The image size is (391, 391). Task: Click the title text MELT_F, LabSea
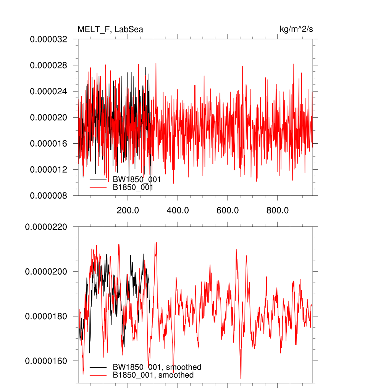[110, 29]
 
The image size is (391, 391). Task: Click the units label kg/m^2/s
[296, 29]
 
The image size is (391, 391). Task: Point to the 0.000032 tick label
[48, 39]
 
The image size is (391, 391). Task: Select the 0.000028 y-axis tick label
[48, 65]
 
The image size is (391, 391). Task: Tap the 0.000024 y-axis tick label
[48, 91]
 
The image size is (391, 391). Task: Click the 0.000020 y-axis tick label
[48, 117]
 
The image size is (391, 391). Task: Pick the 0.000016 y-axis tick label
[48, 143]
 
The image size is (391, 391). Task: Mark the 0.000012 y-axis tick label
[48, 169]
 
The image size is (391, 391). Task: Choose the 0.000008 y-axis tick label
[48, 195]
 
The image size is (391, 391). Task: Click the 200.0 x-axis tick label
[128, 210]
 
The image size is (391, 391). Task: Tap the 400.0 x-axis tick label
[178, 210]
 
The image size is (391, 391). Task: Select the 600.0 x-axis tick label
[228, 210]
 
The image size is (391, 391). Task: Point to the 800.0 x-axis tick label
[278, 210]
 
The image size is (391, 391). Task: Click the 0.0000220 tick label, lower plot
[46, 227]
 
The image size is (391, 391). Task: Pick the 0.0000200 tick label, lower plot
[46, 271]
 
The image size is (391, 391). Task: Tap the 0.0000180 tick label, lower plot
[46, 316]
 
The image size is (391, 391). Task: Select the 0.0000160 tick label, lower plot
[46, 361]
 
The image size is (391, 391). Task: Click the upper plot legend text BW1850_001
[136, 179]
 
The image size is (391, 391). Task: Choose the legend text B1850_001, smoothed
[153, 375]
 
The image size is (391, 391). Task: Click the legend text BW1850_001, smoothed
[157, 367]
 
